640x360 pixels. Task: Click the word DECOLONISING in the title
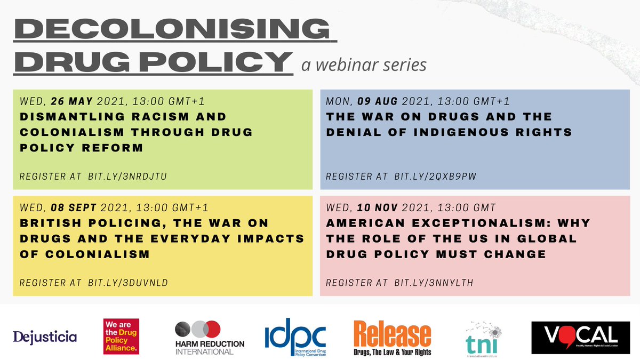175,29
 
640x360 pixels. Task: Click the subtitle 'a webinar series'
364,65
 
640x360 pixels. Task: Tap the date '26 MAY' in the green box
73,101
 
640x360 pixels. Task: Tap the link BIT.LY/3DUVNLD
128,283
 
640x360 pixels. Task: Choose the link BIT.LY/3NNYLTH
435,283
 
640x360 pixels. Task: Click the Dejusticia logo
45,337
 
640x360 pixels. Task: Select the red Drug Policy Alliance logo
121,337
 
